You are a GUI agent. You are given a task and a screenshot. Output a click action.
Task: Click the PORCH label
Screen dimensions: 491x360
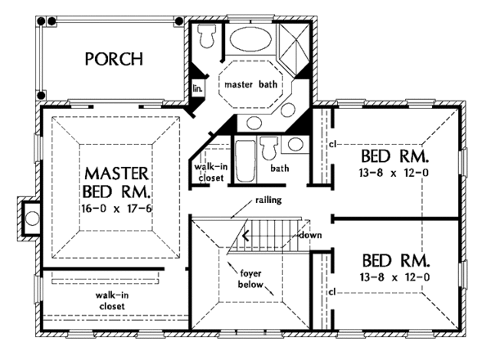114,59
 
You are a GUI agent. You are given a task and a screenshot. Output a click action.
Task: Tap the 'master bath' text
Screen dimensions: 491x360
251,84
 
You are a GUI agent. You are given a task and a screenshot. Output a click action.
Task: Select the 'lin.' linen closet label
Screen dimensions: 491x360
197,88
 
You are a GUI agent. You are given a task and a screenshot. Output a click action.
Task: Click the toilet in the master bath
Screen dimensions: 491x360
207,36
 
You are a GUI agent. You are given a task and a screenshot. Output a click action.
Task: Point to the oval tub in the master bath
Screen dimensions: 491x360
250,39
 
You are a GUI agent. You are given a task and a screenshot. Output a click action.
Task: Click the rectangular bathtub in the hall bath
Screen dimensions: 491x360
245,161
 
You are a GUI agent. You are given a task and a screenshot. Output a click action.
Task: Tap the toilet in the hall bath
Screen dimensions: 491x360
269,148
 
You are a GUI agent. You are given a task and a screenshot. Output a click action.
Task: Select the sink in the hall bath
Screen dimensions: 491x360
295,144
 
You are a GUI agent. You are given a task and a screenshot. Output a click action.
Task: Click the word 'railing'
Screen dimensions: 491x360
268,200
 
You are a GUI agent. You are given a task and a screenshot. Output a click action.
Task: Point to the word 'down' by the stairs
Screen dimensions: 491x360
310,235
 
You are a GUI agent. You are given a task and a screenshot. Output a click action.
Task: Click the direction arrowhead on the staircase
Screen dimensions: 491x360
246,236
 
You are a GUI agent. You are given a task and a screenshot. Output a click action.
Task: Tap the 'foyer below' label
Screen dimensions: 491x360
250,279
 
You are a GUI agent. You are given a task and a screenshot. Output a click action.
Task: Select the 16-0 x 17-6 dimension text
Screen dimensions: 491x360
116,208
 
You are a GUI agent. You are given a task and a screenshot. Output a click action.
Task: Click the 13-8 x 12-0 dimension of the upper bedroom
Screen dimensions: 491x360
394,173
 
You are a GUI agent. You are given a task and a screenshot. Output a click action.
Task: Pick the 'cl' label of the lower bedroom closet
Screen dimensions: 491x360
332,292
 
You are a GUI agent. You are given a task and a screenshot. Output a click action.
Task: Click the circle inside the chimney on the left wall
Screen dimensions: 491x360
32,218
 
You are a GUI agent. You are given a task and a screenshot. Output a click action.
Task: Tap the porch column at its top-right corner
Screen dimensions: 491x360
178,21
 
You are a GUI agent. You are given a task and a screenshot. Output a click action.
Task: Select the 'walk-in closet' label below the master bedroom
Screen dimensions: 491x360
112,301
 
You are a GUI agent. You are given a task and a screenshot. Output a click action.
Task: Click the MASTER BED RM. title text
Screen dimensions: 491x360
116,182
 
